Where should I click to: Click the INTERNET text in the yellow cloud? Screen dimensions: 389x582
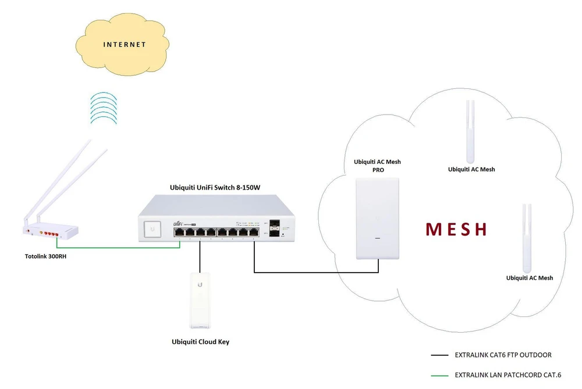[x=125, y=44]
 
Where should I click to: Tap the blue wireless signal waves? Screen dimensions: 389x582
[x=104, y=107]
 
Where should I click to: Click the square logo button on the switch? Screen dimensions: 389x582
[x=152, y=228]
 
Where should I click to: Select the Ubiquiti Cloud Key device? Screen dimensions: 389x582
[x=200, y=299]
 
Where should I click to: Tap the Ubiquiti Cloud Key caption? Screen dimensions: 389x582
[x=200, y=342]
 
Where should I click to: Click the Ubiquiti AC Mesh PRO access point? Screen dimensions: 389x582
[x=378, y=218]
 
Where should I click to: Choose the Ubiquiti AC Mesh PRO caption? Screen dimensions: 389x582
[x=377, y=166]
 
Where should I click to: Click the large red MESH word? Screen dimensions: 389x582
[x=456, y=229]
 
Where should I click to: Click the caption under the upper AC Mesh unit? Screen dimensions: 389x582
[x=471, y=169]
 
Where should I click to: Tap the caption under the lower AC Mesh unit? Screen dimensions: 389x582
[x=530, y=278]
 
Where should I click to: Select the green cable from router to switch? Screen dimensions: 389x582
[x=116, y=247]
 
